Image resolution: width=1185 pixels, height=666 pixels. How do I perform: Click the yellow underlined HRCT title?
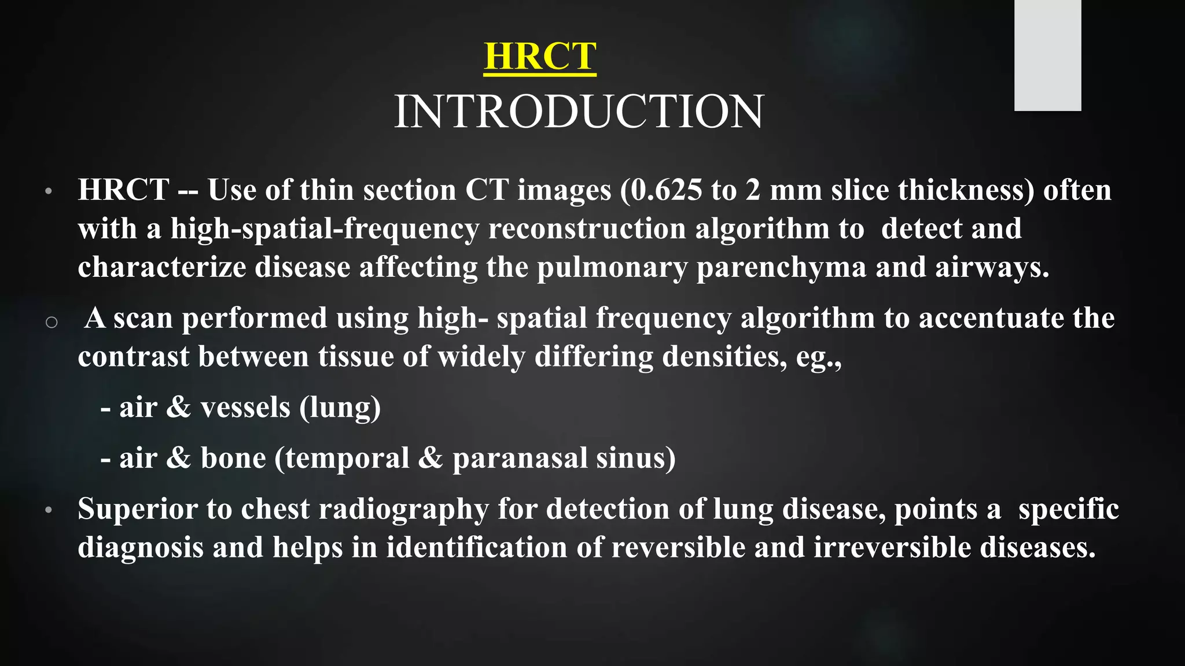coord(540,57)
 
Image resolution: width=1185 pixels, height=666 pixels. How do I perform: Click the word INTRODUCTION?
coord(579,112)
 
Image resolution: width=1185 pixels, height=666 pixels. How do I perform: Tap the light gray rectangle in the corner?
coord(1047,55)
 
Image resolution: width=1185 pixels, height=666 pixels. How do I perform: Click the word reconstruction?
coord(587,229)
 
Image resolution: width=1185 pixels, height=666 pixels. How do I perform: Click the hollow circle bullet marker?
coord(51,323)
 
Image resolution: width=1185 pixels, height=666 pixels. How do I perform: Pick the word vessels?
coord(245,408)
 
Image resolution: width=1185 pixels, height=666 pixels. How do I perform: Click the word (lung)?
coord(340,408)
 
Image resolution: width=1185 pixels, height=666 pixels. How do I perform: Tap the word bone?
coord(233,458)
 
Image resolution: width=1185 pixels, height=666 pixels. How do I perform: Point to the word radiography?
coord(403,509)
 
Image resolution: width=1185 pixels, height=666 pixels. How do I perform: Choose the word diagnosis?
coord(141,547)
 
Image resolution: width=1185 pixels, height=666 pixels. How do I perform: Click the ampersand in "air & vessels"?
coord(178,408)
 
